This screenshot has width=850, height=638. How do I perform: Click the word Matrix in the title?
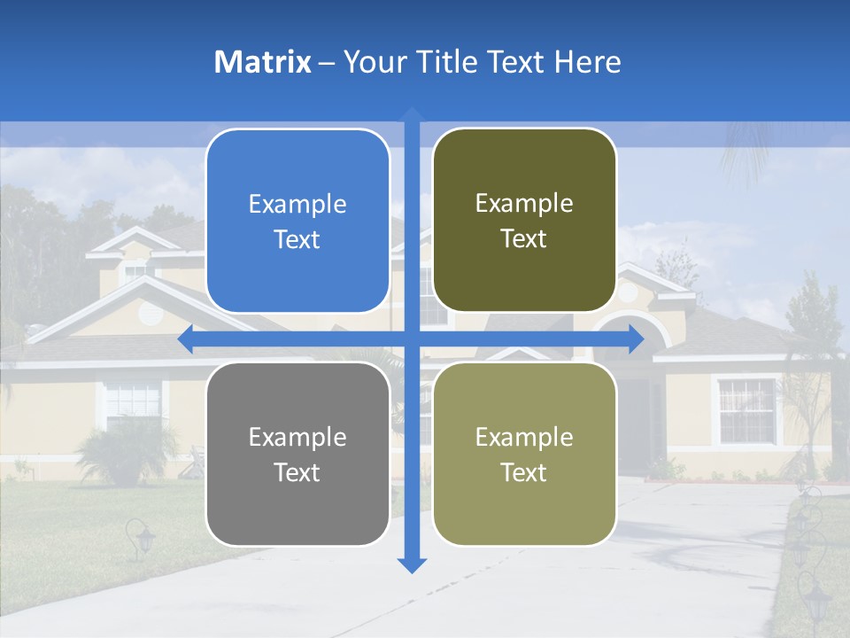pyautogui.click(x=262, y=62)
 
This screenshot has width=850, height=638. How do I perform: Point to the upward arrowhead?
pyautogui.click(x=412, y=115)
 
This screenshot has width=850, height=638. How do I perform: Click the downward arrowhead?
pyautogui.click(x=412, y=564)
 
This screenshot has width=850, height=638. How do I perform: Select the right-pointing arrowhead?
pyautogui.click(x=636, y=339)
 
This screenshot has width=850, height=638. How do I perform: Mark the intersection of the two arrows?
pyautogui.click(x=412, y=339)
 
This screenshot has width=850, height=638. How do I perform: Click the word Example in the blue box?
pyautogui.click(x=297, y=205)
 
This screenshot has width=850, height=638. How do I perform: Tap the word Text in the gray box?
pyautogui.click(x=297, y=472)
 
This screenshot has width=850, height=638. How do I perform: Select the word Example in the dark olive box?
pyautogui.click(x=524, y=204)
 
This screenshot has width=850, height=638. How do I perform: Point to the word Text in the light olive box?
pyautogui.click(x=524, y=472)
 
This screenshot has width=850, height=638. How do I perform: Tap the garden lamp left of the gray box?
pyautogui.click(x=141, y=538)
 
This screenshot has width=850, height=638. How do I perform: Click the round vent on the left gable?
pyautogui.click(x=151, y=313)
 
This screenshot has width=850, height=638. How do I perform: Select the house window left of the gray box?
pyautogui.click(x=132, y=404)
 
